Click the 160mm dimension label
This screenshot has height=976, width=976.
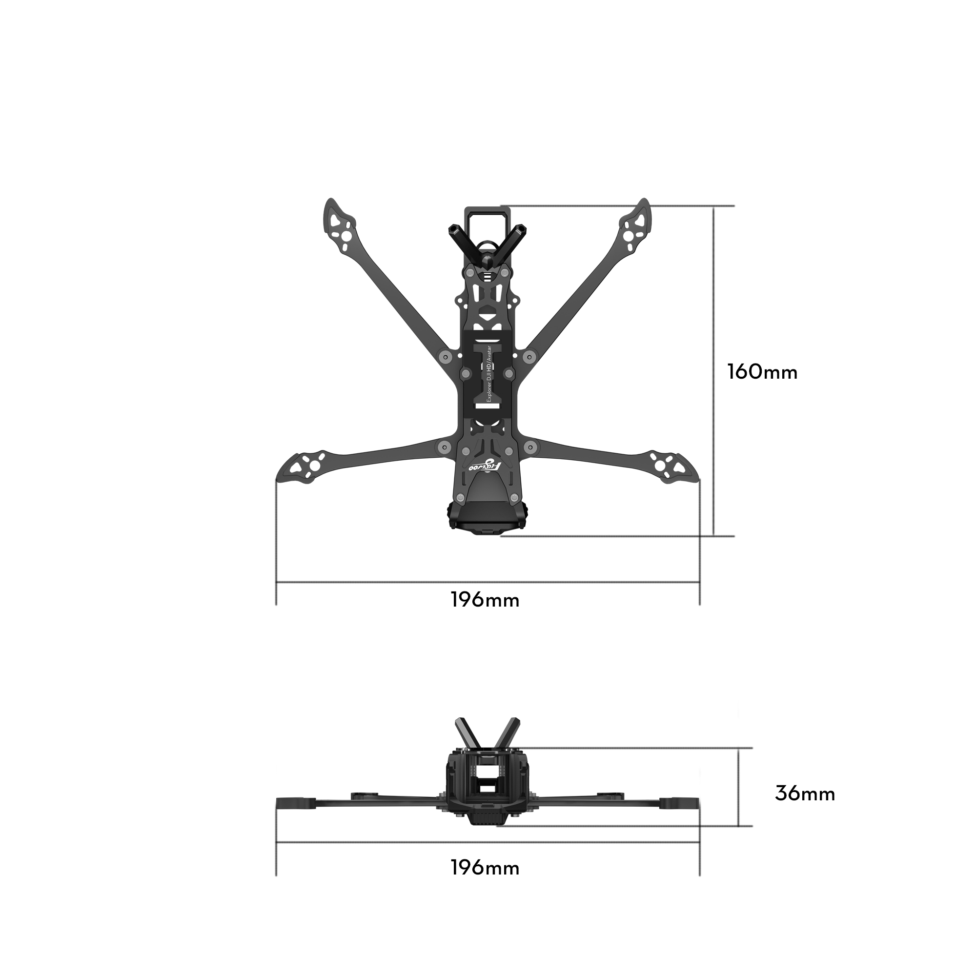[x=762, y=372]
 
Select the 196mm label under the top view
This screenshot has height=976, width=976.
[x=485, y=600]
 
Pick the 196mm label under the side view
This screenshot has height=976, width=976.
[x=485, y=868]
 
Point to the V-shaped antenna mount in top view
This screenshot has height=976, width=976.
[x=487, y=245]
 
